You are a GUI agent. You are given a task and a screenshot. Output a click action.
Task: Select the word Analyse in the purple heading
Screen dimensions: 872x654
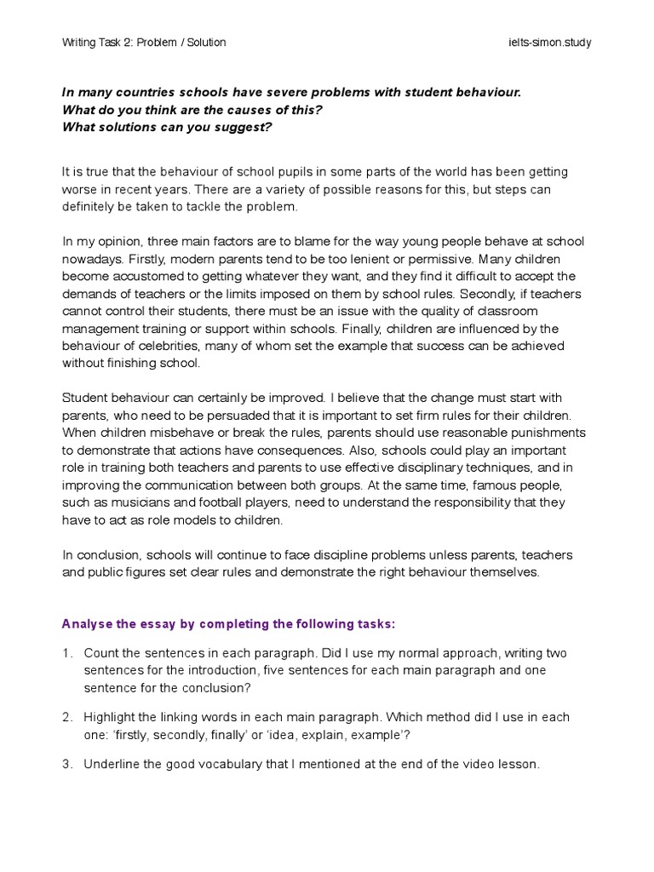coord(88,623)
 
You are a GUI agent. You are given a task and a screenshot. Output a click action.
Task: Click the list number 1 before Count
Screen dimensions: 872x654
coord(66,653)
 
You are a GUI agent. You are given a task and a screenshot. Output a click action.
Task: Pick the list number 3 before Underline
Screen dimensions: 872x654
coord(66,764)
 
